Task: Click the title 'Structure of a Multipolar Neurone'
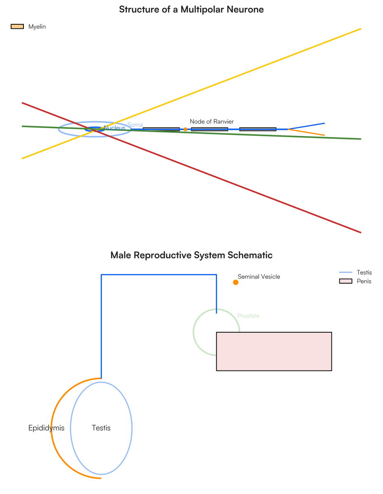pos(191,9)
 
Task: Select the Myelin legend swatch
pos(17,27)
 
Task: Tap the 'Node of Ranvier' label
pos(212,121)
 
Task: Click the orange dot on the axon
pos(185,129)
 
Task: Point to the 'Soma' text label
pos(135,125)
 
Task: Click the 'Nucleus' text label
pos(114,128)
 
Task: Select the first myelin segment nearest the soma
pos(161,129)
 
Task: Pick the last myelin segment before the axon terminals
pos(258,129)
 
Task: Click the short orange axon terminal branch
pos(306,132)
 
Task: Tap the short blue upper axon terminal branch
pos(306,126)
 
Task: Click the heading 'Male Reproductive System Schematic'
pos(191,255)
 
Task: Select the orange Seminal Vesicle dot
pos(236,282)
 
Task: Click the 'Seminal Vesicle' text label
pos(259,277)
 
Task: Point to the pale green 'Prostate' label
pos(248,316)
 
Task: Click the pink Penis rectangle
pos(274,351)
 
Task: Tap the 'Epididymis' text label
pos(47,428)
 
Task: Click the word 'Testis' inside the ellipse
pos(101,428)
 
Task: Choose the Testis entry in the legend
pos(355,273)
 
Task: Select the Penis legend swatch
pos(346,281)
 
